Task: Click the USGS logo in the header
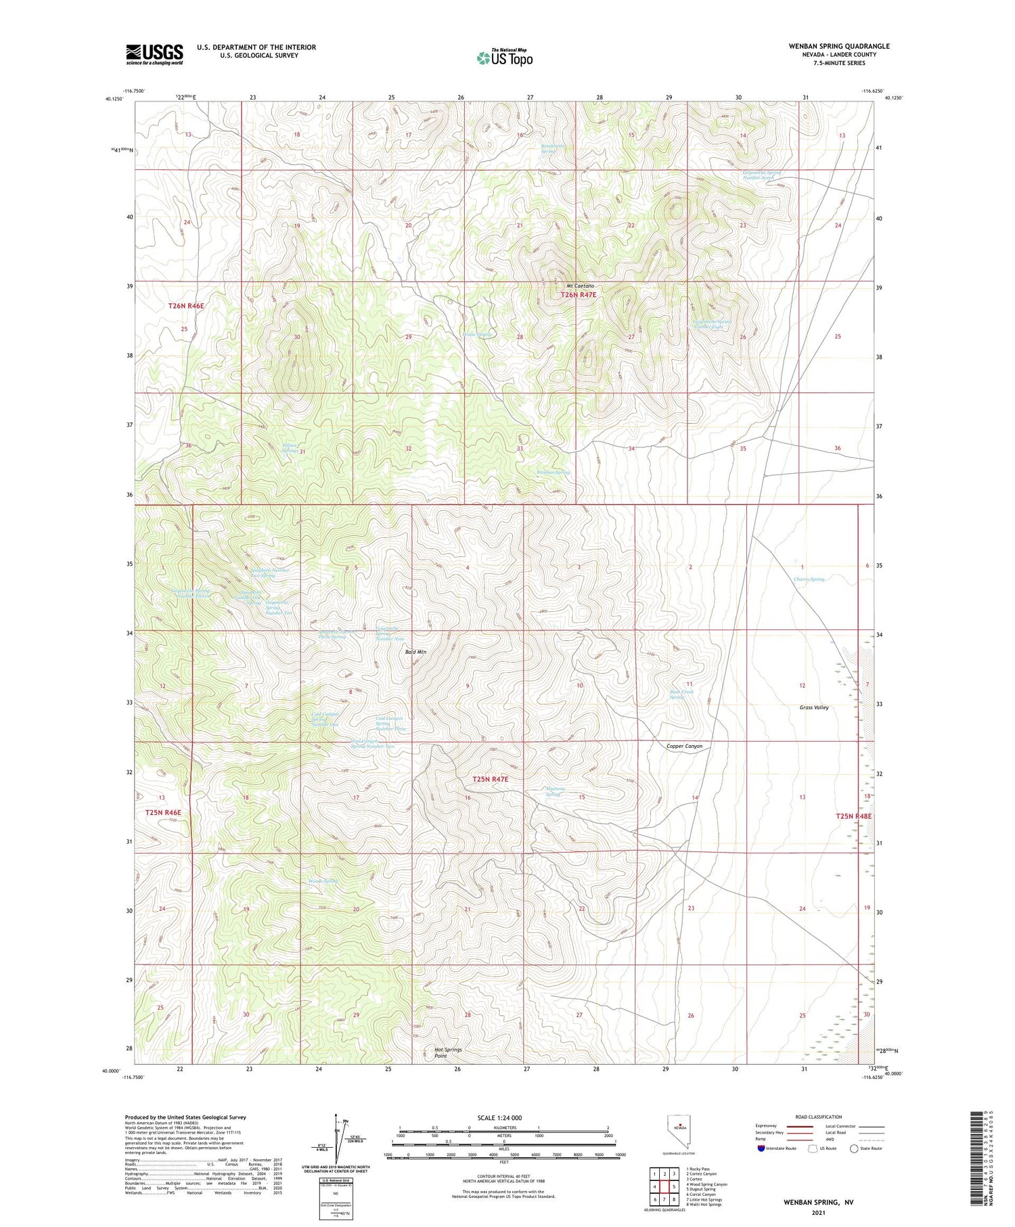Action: pos(154,55)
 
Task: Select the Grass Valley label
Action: pos(813,707)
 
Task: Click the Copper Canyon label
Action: pos(684,746)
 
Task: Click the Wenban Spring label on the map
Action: pos(553,472)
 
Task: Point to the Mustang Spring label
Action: pos(555,791)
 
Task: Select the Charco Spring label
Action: pos(809,579)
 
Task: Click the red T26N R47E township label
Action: pos(578,295)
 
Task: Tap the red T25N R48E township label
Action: pos(853,816)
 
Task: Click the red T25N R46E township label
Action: pos(163,812)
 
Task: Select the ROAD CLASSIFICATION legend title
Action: pos(819,1117)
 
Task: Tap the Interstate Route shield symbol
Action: pos(761,1148)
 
